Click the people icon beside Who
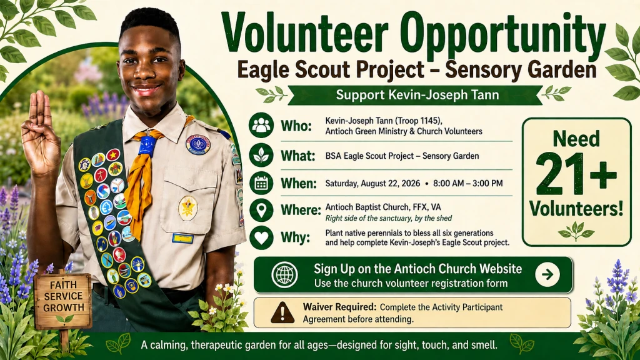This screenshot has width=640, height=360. click(261, 125)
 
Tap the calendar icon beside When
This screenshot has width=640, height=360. click(261, 184)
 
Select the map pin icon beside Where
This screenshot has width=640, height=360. click(261, 210)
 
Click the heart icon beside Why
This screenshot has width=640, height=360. click(261, 237)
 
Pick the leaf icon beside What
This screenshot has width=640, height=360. click(261, 155)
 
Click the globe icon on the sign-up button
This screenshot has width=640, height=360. click(284, 275)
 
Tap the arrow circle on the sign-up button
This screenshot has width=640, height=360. click(547, 274)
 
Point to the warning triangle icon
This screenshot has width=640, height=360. click(282, 313)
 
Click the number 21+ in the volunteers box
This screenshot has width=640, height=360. click(576, 174)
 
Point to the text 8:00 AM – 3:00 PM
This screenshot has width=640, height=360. click(467, 184)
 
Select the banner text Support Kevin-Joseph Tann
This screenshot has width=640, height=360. click(417, 95)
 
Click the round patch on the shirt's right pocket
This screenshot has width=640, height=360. click(187, 208)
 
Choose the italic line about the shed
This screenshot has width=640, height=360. click(388, 218)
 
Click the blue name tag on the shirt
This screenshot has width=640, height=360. click(182, 238)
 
